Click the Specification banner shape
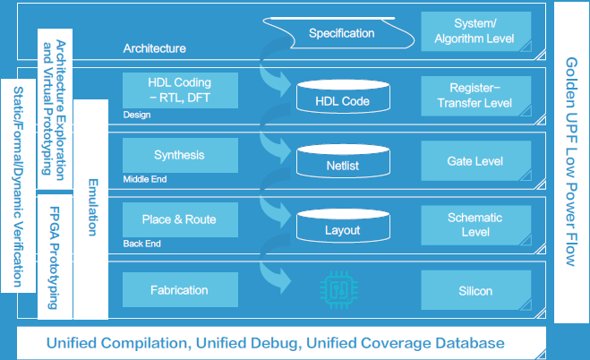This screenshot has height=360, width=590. tap(341, 34)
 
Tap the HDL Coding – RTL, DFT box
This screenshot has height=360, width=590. tap(179, 90)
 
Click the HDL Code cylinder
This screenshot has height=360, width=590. tap(342, 99)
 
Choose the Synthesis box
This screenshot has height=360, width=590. tap(179, 155)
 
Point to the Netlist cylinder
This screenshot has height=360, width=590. tap(342, 164)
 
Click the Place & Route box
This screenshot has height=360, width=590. tap(179, 219)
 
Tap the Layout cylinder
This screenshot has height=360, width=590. tap(342, 228)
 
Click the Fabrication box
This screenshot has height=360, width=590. tap(179, 290)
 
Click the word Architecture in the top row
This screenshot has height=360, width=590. tap(155, 48)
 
